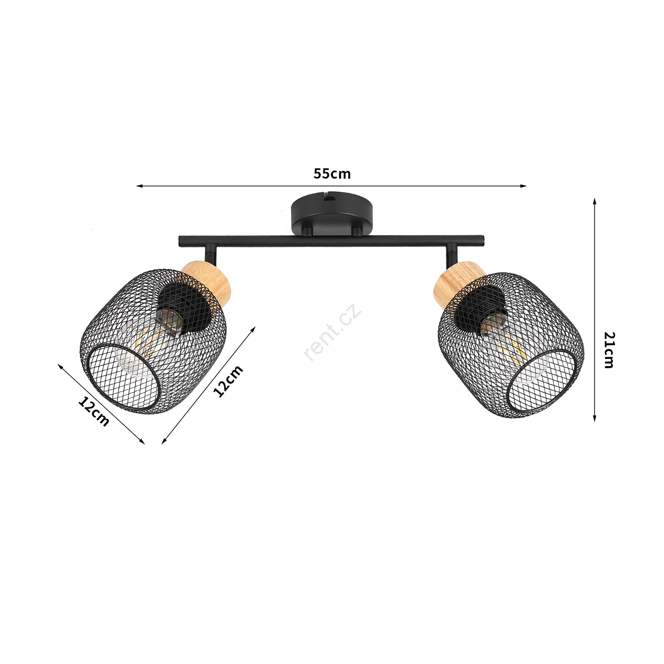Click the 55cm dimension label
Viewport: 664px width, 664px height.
tap(332, 174)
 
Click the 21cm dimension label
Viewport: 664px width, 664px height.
tap(609, 350)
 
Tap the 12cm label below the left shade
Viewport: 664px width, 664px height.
tap(93, 411)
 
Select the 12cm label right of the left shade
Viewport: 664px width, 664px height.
tap(228, 381)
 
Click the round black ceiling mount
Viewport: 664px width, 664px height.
tap(332, 214)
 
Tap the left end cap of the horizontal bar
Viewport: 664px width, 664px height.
tap(180, 241)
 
